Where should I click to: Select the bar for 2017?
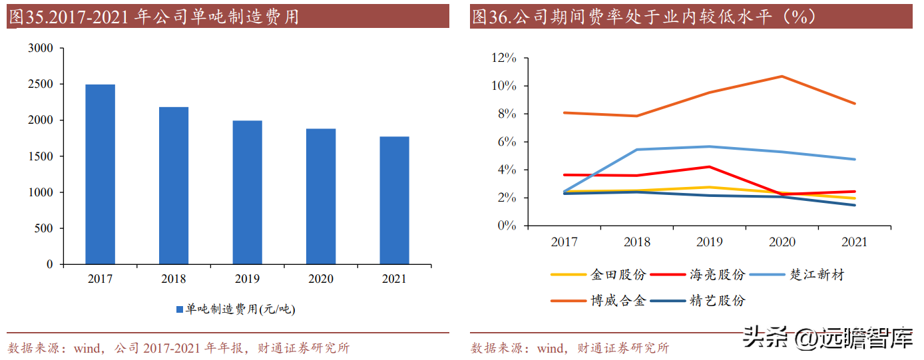[101, 174]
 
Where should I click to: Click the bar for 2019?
[247, 192]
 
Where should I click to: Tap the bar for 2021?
[394, 200]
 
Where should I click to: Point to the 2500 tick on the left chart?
[41, 84]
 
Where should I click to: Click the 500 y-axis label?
[43, 228]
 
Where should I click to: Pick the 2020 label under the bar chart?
[320, 279]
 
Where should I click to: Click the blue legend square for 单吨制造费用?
[180, 309]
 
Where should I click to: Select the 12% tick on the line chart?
[504, 58]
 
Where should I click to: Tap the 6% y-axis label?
[507, 142]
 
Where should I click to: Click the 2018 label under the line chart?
[637, 242]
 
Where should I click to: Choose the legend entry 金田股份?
[598, 275]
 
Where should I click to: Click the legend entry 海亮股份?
[698, 275]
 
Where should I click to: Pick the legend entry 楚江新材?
[797, 275]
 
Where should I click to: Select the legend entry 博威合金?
[598, 301]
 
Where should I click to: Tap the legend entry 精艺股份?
[698, 301]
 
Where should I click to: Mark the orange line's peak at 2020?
[782, 77]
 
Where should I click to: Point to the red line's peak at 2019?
[710, 167]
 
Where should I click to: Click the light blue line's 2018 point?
[637, 150]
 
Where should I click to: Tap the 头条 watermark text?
[764, 337]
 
